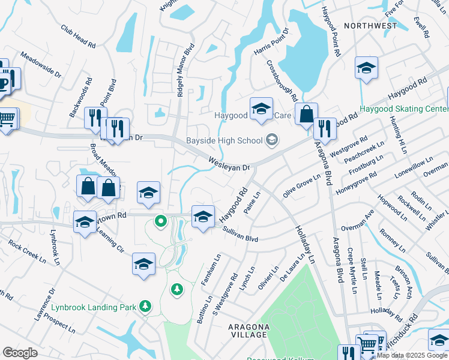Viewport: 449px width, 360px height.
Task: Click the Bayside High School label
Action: click(x=224, y=140)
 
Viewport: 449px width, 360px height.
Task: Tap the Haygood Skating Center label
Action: click(x=403, y=109)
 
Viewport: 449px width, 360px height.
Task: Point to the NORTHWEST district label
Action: click(x=370, y=26)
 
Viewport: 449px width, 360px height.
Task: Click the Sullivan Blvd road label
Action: click(x=240, y=235)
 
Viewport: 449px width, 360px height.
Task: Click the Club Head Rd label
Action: click(x=78, y=37)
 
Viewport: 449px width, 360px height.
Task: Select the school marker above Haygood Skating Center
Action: click(x=366, y=69)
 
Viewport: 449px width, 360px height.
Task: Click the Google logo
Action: click(x=20, y=353)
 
